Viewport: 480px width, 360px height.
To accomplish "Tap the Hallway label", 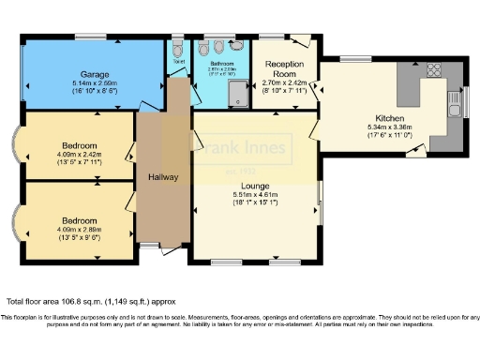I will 163,177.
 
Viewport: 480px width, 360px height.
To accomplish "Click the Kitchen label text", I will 390,119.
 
